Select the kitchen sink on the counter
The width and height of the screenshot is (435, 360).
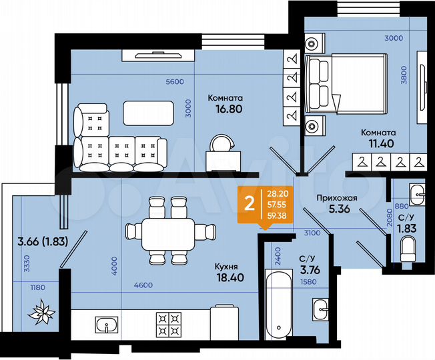pyautogui.click(x=106, y=326)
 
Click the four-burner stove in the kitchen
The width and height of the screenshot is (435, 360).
pyautogui.click(x=167, y=325)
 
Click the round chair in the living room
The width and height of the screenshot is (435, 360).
pyautogui.click(x=220, y=143)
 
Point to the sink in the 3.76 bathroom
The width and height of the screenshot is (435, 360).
pyautogui.click(x=318, y=312)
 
